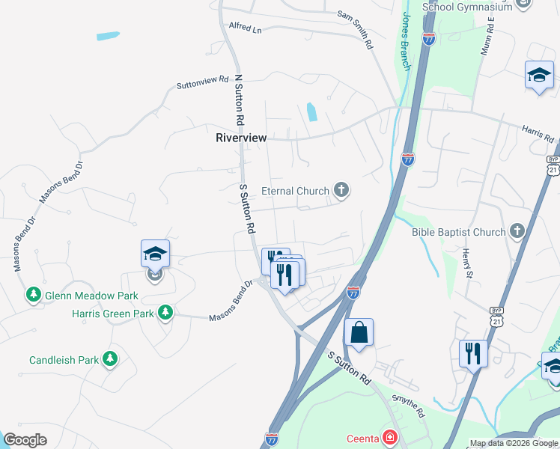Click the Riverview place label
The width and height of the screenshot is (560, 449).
(x=241, y=138)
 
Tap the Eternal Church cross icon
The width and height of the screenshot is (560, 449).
(x=341, y=190)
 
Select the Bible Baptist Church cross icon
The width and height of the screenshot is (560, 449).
(x=517, y=231)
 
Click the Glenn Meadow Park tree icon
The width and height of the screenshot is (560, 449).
(x=33, y=295)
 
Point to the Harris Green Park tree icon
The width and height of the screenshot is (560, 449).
(x=165, y=313)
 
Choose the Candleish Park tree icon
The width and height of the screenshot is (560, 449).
(x=111, y=359)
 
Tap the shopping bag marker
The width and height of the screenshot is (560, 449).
(x=359, y=332)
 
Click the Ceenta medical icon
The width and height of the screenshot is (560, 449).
(x=389, y=437)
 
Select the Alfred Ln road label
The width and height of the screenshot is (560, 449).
(x=246, y=29)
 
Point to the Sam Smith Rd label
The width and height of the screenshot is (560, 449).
(x=355, y=29)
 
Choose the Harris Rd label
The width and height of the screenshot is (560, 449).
(x=538, y=135)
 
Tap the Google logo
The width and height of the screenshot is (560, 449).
(x=25, y=440)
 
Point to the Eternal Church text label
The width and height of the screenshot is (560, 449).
(x=295, y=191)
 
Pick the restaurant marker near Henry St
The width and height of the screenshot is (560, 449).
(x=473, y=353)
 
